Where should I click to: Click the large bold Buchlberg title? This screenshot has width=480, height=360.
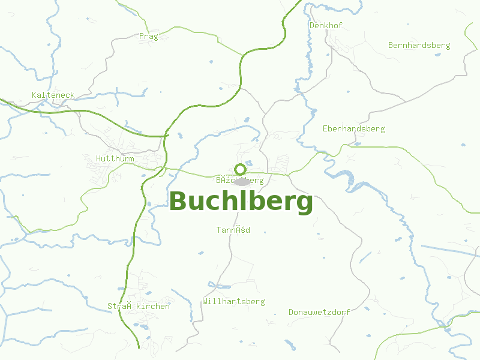pos(241,202)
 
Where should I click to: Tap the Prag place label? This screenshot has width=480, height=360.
pos(148,37)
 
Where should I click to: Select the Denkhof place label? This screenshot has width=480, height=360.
pos(325,26)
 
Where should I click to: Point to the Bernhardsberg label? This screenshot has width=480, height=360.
pos(419,45)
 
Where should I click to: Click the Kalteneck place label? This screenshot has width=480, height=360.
pos(53,95)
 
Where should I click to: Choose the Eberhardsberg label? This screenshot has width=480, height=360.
pos(353,129)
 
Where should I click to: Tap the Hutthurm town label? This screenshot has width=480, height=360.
pos(115,158)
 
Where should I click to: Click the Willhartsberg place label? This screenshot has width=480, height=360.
pos(233,301)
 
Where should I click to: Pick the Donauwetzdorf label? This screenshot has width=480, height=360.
pos(319,312)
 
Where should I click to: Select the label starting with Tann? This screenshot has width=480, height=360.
pos(233,230)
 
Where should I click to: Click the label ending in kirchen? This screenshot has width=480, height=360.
pos(139,306)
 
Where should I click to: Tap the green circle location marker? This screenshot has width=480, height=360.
pos(240,169)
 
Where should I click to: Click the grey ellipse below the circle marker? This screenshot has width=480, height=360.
pos(241,181)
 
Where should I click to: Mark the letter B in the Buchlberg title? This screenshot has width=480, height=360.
pos(178,202)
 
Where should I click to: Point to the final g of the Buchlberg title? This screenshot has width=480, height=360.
pos(304,204)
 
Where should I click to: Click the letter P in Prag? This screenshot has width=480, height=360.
pos(141,37)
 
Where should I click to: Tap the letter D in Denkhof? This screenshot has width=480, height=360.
pos(311,26)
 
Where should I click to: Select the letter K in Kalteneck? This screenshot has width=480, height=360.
pos(34,95)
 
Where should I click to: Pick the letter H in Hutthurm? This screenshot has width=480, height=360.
pos(98,158)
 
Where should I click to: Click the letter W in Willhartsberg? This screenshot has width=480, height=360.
pos(205,301)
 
